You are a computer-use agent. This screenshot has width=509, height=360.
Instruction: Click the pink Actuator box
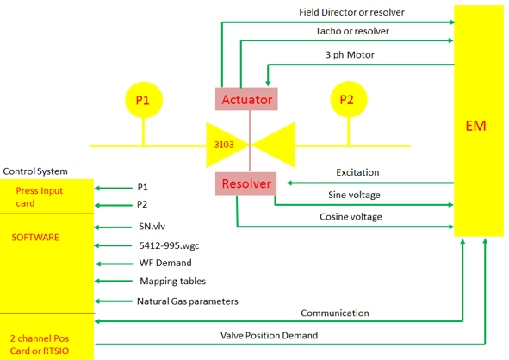click(246, 99)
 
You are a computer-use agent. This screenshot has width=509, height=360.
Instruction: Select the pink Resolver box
click(246, 183)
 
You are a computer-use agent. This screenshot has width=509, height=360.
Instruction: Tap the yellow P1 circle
click(144, 100)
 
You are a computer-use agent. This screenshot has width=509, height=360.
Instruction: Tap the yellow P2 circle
click(349, 99)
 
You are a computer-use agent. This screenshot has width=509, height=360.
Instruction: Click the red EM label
click(475, 126)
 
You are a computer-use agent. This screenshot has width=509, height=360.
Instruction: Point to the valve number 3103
click(224, 145)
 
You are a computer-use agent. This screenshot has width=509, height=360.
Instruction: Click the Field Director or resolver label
click(351, 12)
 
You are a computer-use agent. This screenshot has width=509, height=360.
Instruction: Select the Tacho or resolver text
click(352, 31)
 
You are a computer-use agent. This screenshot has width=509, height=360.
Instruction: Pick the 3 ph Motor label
click(350, 55)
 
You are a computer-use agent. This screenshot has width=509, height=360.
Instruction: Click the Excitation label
click(357, 172)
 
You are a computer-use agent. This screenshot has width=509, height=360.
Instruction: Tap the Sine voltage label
click(354, 196)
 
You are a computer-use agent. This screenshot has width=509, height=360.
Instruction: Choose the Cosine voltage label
click(351, 217)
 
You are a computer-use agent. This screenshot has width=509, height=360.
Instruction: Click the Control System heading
click(35, 171)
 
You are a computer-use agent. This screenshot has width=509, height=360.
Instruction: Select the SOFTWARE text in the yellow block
click(35, 238)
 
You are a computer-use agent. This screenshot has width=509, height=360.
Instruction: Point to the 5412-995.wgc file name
click(169, 245)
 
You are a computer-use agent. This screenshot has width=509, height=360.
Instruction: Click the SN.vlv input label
click(152, 227)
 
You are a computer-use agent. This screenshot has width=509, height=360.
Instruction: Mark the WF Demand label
click(165, 263)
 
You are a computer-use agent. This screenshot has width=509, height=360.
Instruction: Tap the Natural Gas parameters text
click(188, 301)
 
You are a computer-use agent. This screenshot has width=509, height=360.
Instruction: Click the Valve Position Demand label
click(269, 336)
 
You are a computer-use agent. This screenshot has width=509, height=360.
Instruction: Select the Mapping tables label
click(173, 282)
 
